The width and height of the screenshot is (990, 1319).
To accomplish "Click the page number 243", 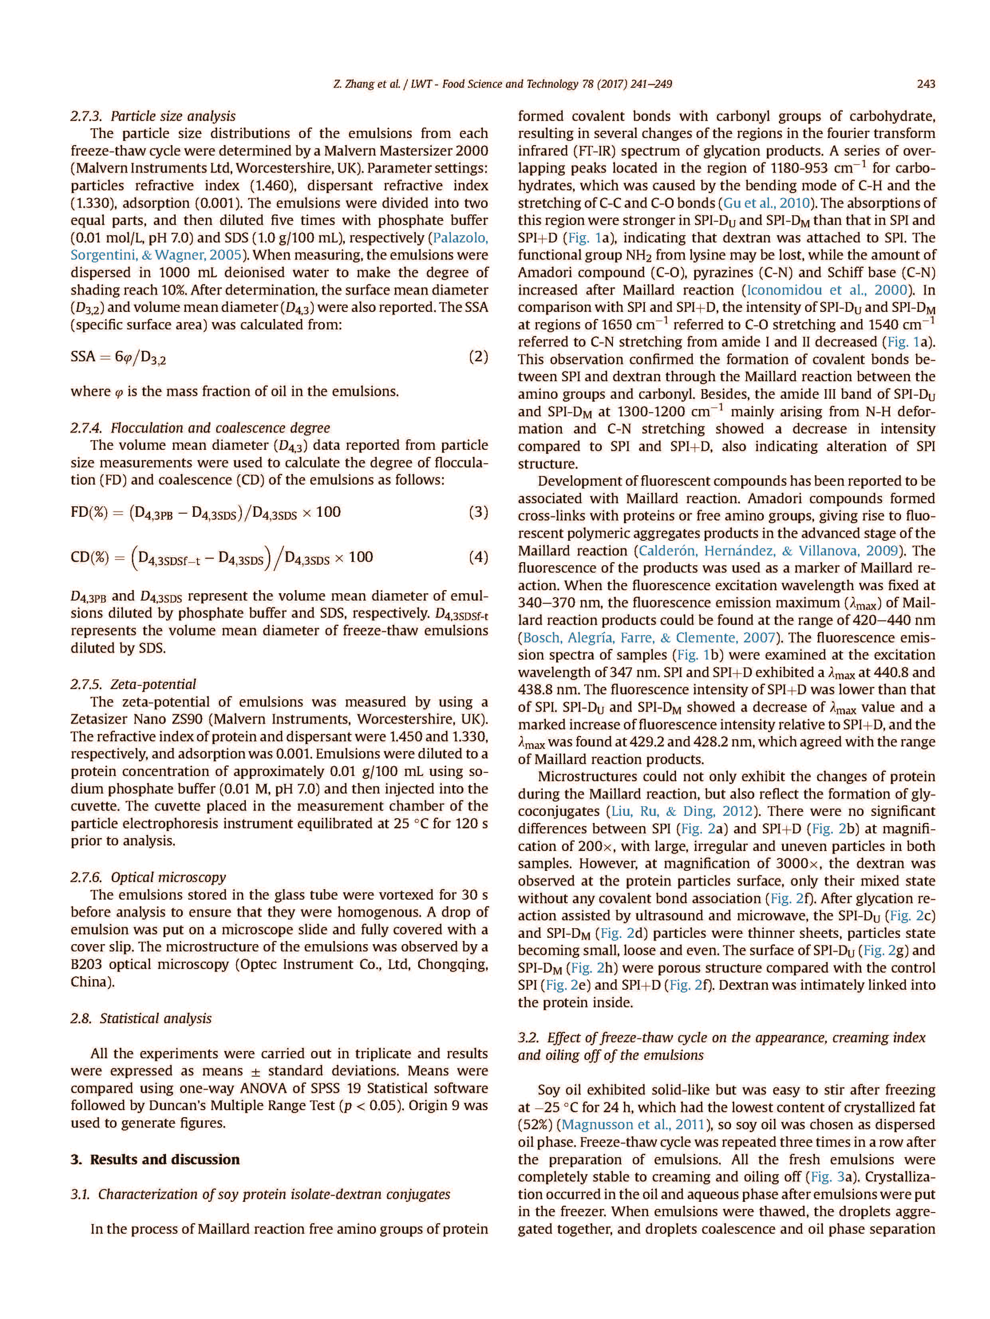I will [x=925, y=84].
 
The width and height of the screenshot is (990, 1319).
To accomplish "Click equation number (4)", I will [x=478, y=557].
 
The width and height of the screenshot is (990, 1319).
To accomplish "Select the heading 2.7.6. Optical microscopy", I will [x=148, y=877].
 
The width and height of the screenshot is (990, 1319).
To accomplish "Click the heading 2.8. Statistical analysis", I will [x=141, y=1018].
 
